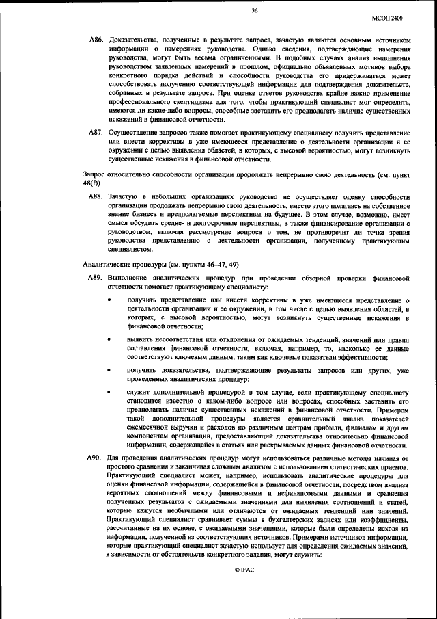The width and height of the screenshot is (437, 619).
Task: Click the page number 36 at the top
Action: [254, 10]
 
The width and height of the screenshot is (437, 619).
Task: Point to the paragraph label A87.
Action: [96, 131]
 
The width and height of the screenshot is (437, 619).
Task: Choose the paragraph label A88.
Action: [96, 196]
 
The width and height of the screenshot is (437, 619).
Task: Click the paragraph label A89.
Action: [96, 278]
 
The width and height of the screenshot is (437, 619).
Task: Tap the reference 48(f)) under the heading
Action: [91, 184]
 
